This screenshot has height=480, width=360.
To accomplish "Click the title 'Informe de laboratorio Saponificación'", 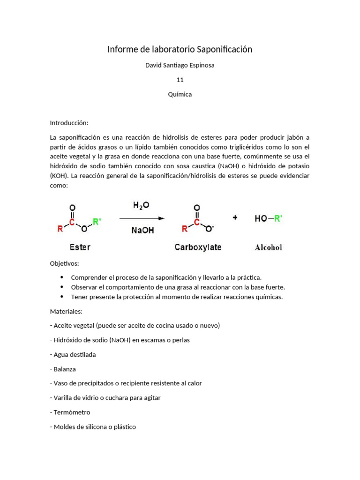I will click(180, 49).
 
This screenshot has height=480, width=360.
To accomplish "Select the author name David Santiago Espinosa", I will click(180, 65).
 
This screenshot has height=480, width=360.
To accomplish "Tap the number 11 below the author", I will click(180, 80).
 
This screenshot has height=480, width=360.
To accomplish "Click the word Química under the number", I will click(180, 94).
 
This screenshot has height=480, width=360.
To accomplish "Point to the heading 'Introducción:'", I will click(69, 123).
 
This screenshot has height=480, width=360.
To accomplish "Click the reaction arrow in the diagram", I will click(142, 218).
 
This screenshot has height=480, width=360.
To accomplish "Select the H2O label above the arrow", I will click(141, 206).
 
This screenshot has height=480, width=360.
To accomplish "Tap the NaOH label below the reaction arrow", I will click(142, 230).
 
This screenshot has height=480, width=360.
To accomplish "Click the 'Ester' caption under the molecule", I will click(80, 247).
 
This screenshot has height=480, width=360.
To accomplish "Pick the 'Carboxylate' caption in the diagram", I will click(198, 247).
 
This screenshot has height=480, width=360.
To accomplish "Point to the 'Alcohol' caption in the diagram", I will click(268, 247).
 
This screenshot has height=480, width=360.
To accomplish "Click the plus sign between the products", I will click(235, 217).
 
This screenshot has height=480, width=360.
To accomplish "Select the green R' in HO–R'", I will click(278, 218).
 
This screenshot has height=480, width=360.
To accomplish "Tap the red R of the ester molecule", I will click(60, 229).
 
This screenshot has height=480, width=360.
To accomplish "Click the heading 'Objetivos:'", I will click(65, 263).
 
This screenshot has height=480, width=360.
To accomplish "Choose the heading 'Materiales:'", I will click(66, 311).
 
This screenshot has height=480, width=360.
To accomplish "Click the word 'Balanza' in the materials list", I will click(65, 369).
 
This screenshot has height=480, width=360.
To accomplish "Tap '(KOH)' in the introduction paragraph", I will click(59, 176).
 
